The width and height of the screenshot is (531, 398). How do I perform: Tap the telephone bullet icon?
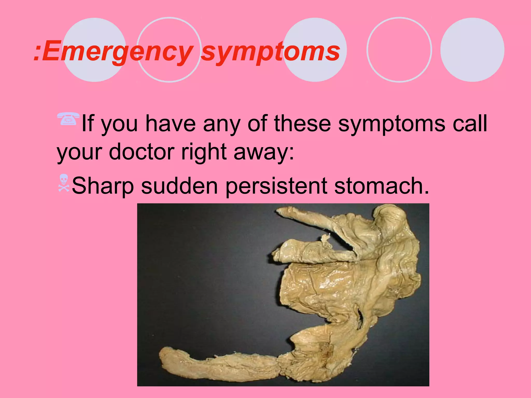point(68,119)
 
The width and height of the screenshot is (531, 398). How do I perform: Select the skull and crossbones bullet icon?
point(64,183)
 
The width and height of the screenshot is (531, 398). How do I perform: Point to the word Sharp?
point(103,186)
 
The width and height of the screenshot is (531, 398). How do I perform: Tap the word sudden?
point(179,186)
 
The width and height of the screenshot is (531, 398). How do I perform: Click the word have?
point(170,124)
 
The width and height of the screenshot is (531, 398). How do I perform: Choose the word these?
point(302,124)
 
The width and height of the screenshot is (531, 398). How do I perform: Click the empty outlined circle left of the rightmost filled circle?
point(399,50)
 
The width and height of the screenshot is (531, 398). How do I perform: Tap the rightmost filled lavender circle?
point(472,50)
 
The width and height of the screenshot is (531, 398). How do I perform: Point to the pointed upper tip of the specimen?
point(279,211)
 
